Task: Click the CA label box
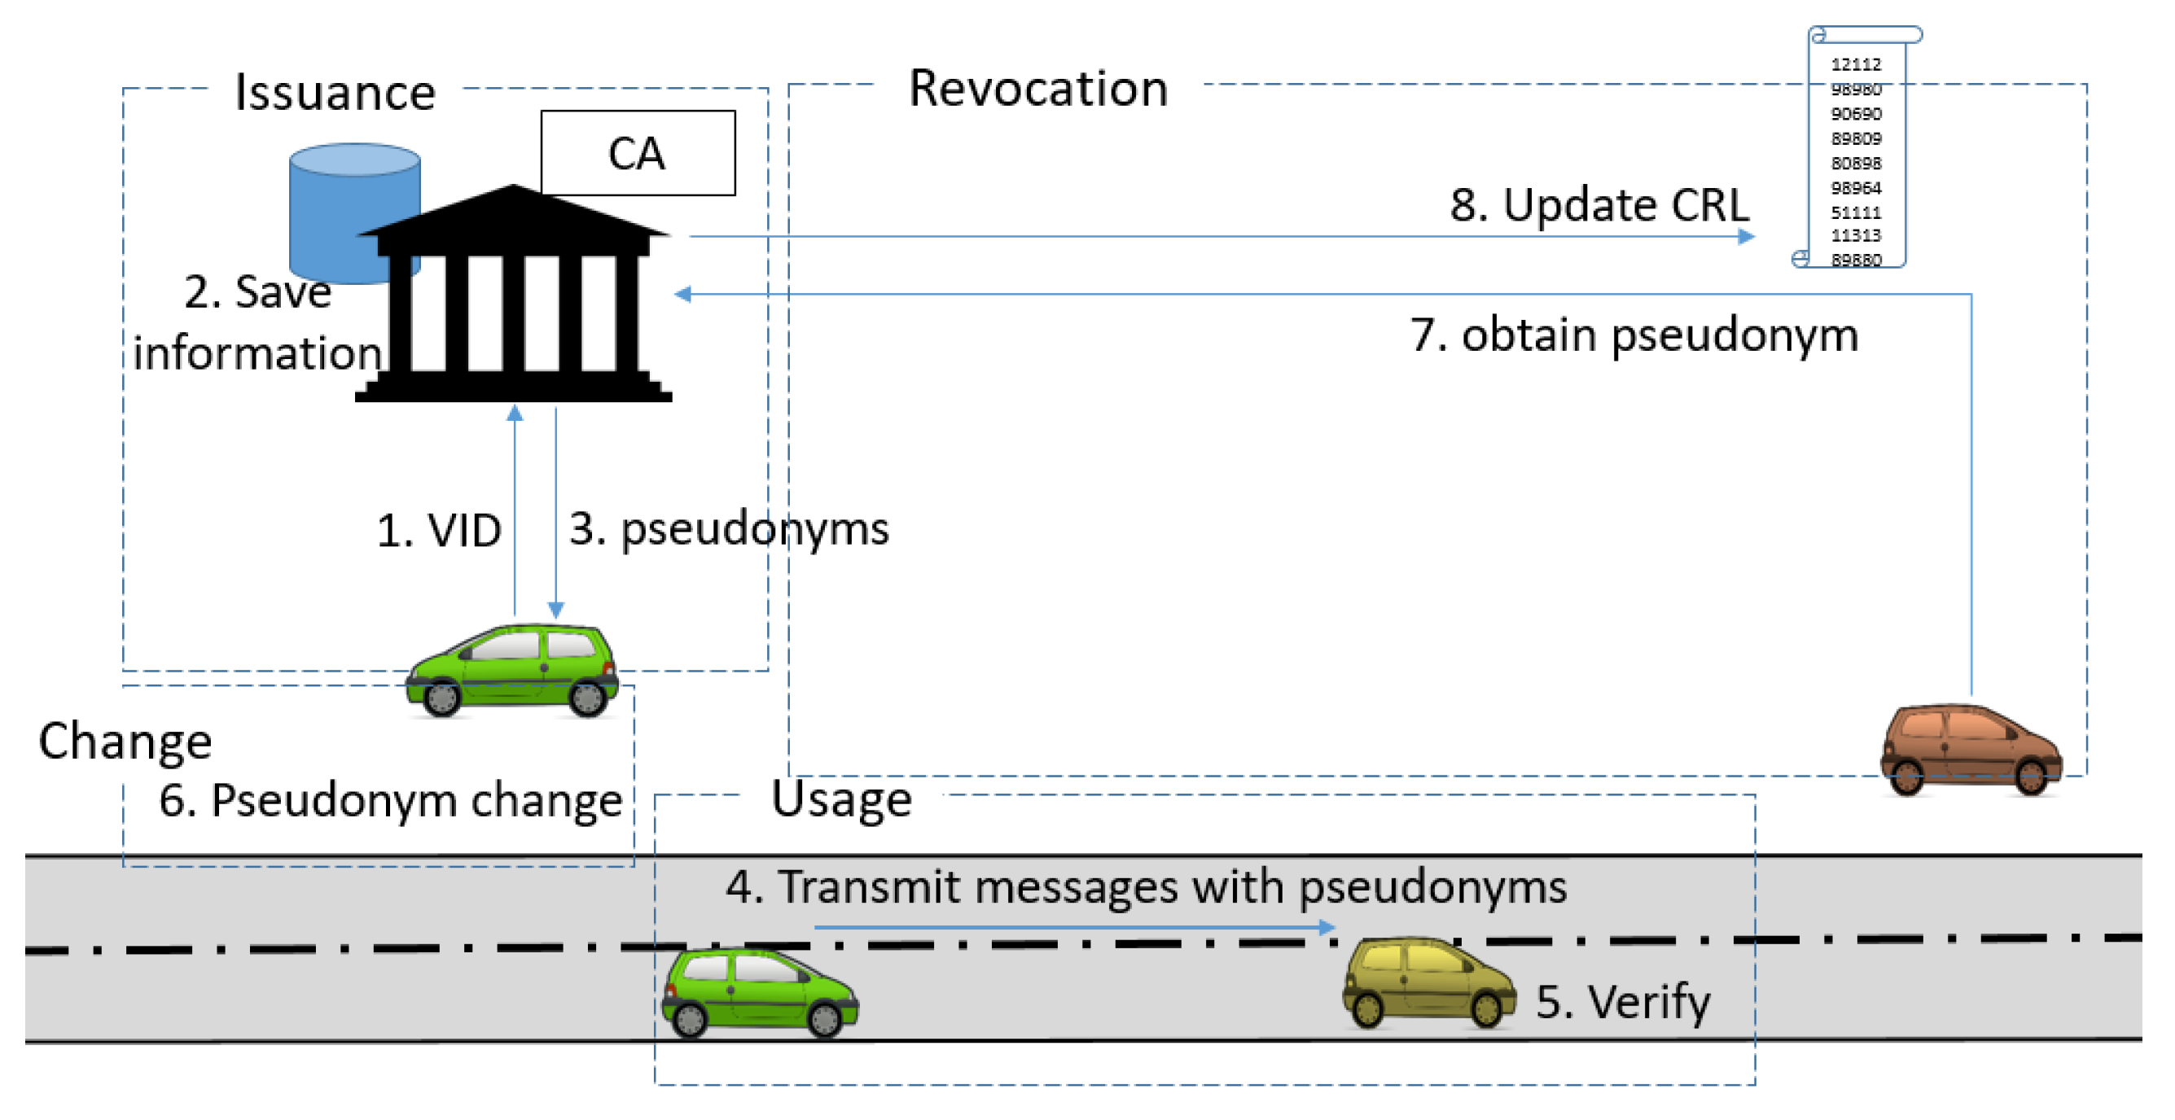coord(638,153)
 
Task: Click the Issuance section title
coord(335,92)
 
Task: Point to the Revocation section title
coord(1037,88)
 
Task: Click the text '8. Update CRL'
coord(1598,205)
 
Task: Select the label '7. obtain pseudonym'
coord(1633,335)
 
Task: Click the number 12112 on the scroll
coord(1855,64)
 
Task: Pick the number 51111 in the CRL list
coord(1855,212)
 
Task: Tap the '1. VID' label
coord(438,531)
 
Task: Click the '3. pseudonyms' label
coord(729,529)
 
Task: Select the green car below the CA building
coord(511,670)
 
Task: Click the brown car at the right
coord(1970,750)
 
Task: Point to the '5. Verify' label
coord(1622,1002)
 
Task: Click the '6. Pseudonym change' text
coord(390,800)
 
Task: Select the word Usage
coord(841,799)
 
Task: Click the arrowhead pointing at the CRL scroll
coord(1746,236)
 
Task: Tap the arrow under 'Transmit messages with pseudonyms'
coord(1072,928)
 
